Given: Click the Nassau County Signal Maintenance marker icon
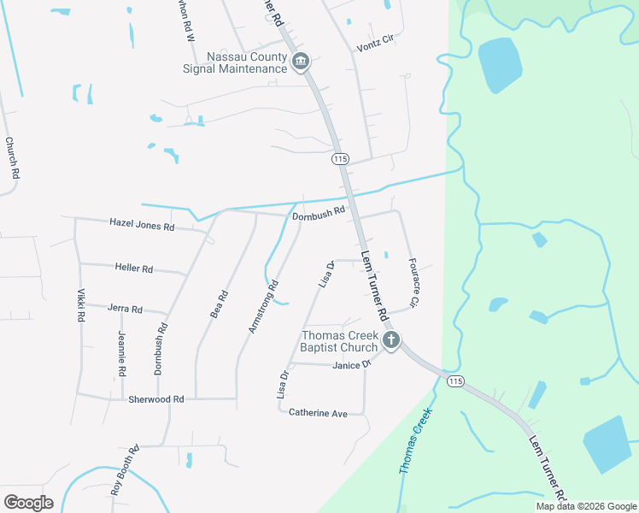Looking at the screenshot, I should point(301,62).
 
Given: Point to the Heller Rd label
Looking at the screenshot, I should point(133,268).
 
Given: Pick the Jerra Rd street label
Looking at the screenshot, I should point(125,309).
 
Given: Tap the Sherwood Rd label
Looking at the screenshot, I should point(155,399).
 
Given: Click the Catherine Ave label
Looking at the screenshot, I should point(318,413).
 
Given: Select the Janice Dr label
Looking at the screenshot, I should point(351,365).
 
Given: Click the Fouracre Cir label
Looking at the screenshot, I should point(413,282).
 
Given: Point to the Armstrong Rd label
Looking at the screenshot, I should point(263,308).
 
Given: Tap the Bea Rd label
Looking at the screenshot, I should point(220,305).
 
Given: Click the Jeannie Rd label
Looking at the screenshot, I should point(122,354).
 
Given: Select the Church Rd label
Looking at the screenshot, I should point(12,158).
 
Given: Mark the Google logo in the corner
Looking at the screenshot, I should point(28,503).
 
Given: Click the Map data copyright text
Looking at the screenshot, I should point(586,506).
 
